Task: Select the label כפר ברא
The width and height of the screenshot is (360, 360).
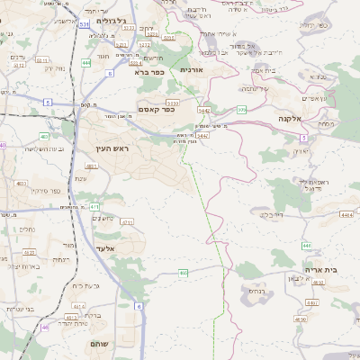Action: (x=147, y=71)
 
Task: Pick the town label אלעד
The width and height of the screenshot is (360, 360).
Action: (x=106, y=247)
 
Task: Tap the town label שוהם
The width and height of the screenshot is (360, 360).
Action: (x=99, y=345)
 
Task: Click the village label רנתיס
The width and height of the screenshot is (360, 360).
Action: (x=256, y=290)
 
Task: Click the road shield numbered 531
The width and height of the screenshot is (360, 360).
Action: (x=83, y=24)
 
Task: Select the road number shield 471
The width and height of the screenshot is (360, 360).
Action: (x=94, y=207)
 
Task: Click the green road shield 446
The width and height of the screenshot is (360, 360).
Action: (x=307, y=246)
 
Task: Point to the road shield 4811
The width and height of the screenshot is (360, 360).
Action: (x=91, y=166)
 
